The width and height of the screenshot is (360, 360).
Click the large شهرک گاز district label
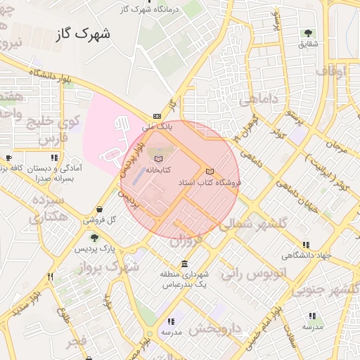pyautogui.click(x=84, y=33)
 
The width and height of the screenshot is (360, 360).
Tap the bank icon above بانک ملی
pyautogui.click(x=157, y=117)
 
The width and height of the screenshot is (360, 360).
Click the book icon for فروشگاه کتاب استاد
pyautogui.click(x=209, y=172)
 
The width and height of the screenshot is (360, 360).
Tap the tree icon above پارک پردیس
pyautogui.click(x=93, y=238)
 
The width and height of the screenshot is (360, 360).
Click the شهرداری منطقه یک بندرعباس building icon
pyautogui.click(x=185, y=264)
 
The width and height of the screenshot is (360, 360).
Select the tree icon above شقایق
pyautogui.click(x=308, y=33)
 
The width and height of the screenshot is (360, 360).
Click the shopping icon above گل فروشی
pyautogui.click(x=101, y=209)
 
